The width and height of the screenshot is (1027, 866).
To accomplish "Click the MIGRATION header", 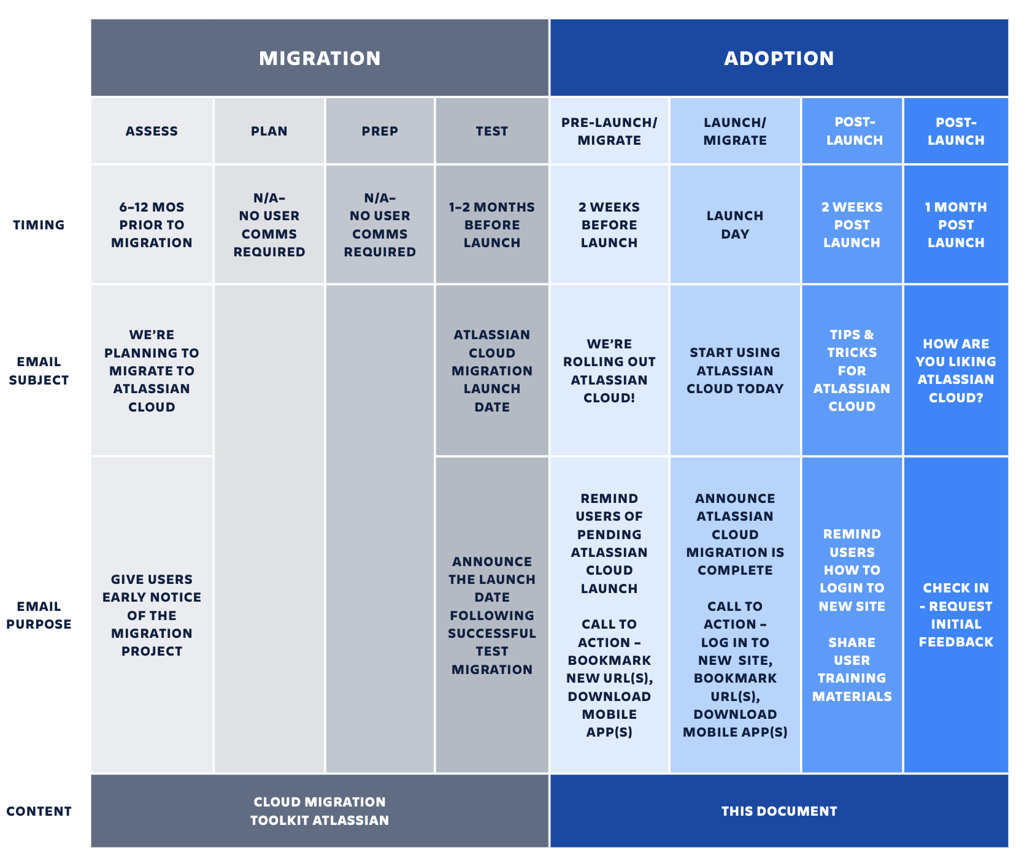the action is point(320,58).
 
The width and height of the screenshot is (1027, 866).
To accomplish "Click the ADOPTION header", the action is point(779,58).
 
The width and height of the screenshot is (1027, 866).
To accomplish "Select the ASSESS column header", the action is point(152,131).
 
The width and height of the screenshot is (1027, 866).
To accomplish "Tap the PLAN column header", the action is point(269,131).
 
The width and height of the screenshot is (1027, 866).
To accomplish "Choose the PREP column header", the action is point(380,131).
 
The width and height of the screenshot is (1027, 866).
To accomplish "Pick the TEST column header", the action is point(492,131).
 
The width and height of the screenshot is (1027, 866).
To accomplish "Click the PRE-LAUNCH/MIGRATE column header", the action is point(609,131).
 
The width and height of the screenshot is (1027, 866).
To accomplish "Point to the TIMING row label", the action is point(39,225).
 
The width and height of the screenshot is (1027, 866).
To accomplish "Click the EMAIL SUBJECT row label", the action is point(39,371).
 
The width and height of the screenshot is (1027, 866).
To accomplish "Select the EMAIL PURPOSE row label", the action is point(39,615).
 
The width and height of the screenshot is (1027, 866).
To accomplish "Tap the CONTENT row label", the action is point(39,811).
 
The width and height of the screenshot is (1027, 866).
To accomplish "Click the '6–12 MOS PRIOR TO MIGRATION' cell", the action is point(152,224).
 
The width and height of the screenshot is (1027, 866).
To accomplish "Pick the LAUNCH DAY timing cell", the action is point(735,224).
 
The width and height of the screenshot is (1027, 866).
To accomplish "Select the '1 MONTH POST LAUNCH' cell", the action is point(956,224).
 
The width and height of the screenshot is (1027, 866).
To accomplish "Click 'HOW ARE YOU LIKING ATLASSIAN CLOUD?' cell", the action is point(956,370).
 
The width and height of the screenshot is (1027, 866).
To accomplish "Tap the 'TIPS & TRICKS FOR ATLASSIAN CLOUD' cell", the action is point(852,370).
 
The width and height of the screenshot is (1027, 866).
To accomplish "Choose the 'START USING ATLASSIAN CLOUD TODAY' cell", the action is point(735,370).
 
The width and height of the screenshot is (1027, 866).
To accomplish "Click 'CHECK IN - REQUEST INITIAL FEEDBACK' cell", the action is point(956,615).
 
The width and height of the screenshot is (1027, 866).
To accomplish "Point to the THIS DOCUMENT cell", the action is point(779,811).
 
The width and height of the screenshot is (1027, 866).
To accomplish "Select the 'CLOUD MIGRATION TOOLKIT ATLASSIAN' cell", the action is point(320,811).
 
